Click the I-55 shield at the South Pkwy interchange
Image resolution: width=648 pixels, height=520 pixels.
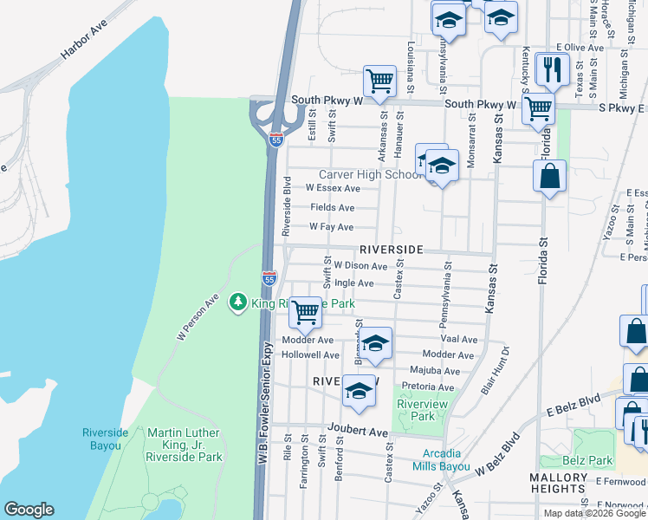[274, 140]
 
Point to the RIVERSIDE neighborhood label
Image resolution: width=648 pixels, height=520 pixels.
[386, 249]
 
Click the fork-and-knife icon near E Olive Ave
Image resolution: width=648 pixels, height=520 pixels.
[551, 68]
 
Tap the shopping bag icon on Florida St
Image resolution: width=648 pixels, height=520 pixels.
[550, 177]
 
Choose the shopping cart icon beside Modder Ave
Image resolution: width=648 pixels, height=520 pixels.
[304, 312]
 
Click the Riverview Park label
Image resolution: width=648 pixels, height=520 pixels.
[415, 409]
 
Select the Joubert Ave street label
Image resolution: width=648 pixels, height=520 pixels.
[358, 431]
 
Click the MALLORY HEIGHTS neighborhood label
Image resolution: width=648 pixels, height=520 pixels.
[559, 484]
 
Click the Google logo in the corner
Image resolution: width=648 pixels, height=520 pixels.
[29, 510]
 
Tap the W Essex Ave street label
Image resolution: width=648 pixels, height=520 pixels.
[333, 187]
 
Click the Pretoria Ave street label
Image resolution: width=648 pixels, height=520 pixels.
[427, 387]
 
